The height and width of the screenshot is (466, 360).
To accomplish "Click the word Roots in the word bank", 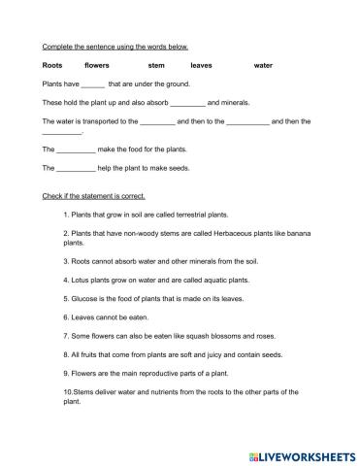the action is coord(51,65).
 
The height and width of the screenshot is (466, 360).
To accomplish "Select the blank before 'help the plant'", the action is coord(77,168).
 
